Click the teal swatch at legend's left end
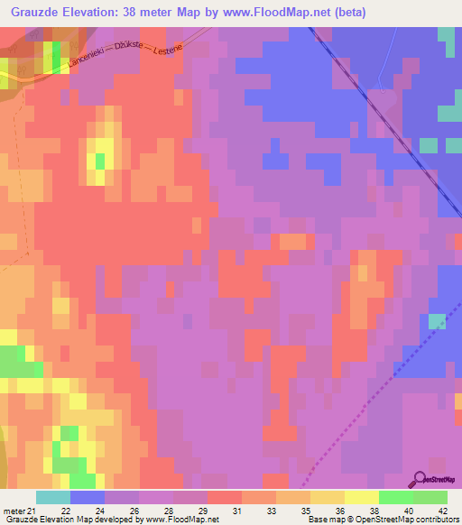[x=53, y=497]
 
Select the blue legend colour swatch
[x=88, y=497]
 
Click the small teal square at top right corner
[x=446, y=35]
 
